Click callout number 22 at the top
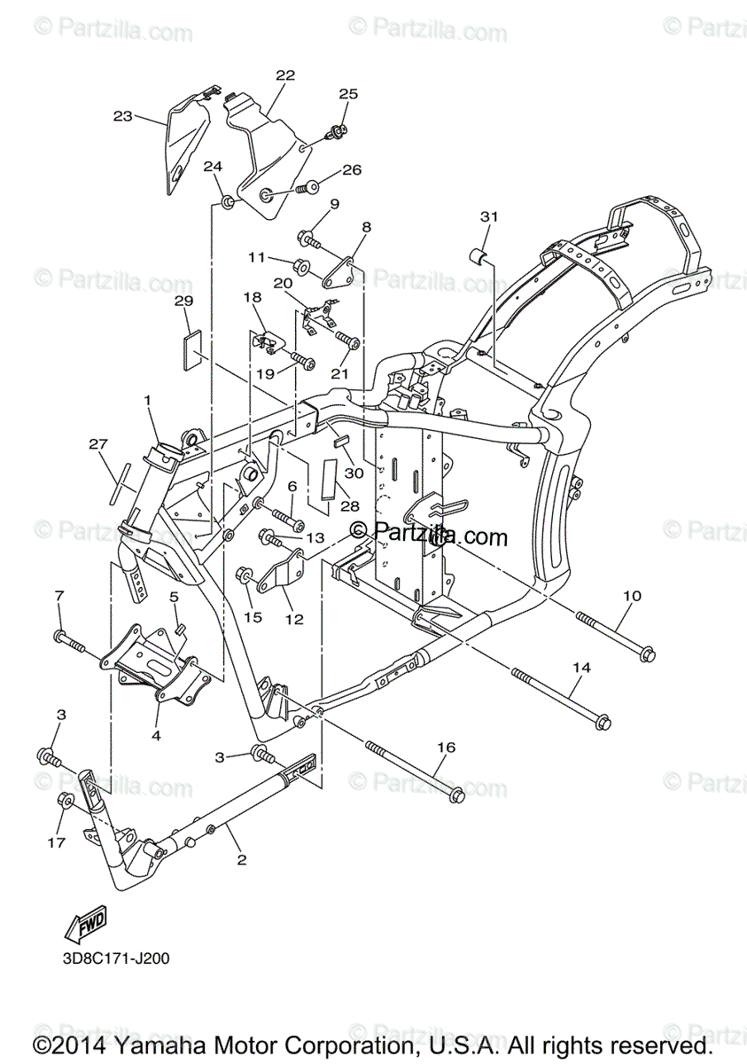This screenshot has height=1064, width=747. pyautogui.click(x=284, y=75)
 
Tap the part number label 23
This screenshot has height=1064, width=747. pyautogui.click(x=122, y=115)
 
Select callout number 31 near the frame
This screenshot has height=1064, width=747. pyautogui.click(x=490, y=216)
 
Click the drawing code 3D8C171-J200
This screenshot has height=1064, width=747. pyautogui.click(x=115, y=958)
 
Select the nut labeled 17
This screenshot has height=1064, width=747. pyautogui.click(x=65, y=801)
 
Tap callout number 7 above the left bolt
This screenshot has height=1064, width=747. pyautogui.click(x=59, y=594)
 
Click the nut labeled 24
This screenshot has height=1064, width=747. pyautogui.click(x=227, y=203)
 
